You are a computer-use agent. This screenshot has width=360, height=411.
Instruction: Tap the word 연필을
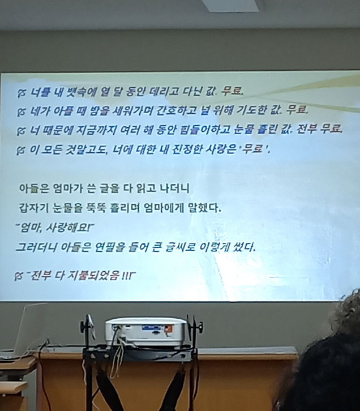coord(116,248)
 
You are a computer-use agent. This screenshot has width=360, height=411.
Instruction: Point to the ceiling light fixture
coord(230,6)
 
